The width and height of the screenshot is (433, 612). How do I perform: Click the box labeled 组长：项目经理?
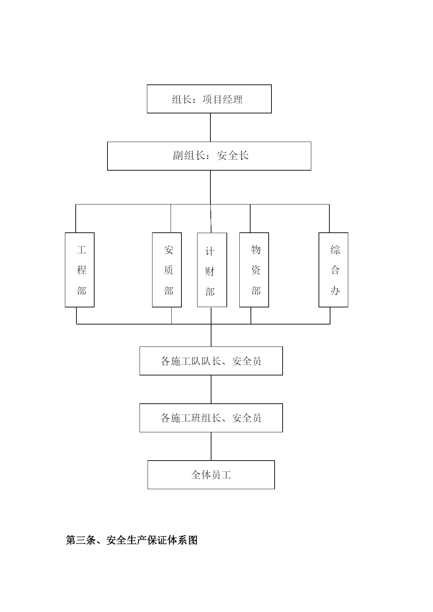click(209, 99)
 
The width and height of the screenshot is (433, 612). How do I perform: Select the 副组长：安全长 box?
click(209, 156)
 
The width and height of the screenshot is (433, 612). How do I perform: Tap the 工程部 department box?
click(80, 270)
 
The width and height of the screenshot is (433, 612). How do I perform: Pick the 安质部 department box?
click(167, 270)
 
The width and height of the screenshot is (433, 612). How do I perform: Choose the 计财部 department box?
click(212, 270)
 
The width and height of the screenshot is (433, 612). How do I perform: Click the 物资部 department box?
click(254, 270)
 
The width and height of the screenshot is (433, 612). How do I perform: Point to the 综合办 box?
click(333, 270)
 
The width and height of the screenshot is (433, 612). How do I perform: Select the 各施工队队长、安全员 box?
click(211, 361)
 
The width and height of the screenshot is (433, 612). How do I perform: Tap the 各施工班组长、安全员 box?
click(211, 418)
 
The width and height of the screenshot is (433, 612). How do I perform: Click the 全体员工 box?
click(211, 475)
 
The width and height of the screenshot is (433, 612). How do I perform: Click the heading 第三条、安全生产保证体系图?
click(132, 540)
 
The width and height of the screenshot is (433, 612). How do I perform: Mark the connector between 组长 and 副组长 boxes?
click(210, 127)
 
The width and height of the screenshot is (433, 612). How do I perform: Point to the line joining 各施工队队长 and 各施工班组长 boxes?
click(211, 389)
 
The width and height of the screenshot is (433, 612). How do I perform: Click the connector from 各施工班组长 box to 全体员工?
click(211, 446)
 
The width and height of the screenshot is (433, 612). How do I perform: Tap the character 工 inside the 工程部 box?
click(81, 250)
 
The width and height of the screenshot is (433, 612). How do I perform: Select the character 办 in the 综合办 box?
click(335, 290)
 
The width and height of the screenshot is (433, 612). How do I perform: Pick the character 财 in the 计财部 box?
click(210, 271)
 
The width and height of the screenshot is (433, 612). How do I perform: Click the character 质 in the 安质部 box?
click(169, 270)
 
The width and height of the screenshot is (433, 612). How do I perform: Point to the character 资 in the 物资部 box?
click(256, 270)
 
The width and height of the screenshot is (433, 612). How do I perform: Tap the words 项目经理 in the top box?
click(222, 99)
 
